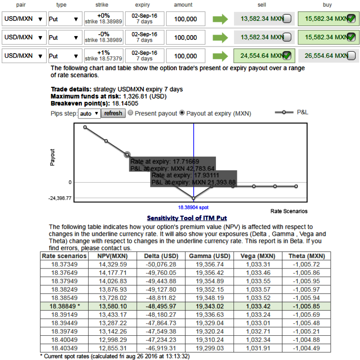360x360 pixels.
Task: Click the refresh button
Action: [113, 114]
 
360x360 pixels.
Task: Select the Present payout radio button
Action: [131, 114]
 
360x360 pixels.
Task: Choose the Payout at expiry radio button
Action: [182, 114]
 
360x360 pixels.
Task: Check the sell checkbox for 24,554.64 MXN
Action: [286, 56]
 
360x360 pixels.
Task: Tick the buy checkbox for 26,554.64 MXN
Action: [351, 56]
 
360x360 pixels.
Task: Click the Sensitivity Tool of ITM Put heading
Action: [187, 218]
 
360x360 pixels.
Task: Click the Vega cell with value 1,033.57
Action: [256, 289]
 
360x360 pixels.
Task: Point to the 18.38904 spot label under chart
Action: [193, 208]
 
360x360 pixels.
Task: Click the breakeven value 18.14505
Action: [125, 103]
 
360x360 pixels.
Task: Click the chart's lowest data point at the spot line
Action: [194, 198]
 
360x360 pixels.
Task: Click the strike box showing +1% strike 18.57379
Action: [104, 56]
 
